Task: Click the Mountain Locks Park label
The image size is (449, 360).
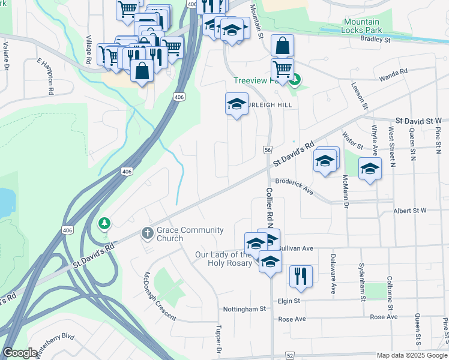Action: [x=362, y=25]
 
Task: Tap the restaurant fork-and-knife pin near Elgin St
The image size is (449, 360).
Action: [x=300, y=276]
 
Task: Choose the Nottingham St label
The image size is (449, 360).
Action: [x=246, y=309]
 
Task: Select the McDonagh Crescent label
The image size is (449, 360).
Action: [x=159, y=297]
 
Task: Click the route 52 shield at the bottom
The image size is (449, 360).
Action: [x=290, y=356]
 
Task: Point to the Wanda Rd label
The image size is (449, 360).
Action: [x=393, y=74]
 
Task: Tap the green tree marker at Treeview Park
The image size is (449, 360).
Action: [x=294, y=79]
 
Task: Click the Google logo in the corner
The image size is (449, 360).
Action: [x=20, y=353]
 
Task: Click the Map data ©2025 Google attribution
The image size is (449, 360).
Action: [x=412, y=356]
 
